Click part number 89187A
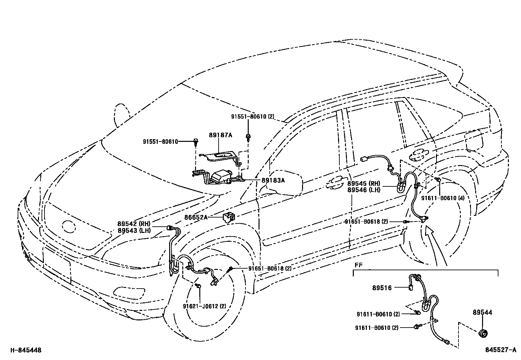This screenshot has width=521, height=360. [x=221, y=135]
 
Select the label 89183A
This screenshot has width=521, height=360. [x=273, y=180]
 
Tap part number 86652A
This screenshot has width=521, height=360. [x=196, y=217]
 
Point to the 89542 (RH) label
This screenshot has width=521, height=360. [x=134, y=224]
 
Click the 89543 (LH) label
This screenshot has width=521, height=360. [x=134, y=230]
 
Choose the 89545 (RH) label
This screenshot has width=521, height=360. [x=364, y=184]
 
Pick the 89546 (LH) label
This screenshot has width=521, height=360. [x=364, y=190]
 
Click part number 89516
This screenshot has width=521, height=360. [x=382, y=288]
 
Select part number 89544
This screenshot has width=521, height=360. [x=482, y=313]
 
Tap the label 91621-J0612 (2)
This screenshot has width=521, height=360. [x=205, y=306]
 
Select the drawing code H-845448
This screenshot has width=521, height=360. [x=26, y=350]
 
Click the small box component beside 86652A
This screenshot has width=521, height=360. [x=229, y=217]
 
